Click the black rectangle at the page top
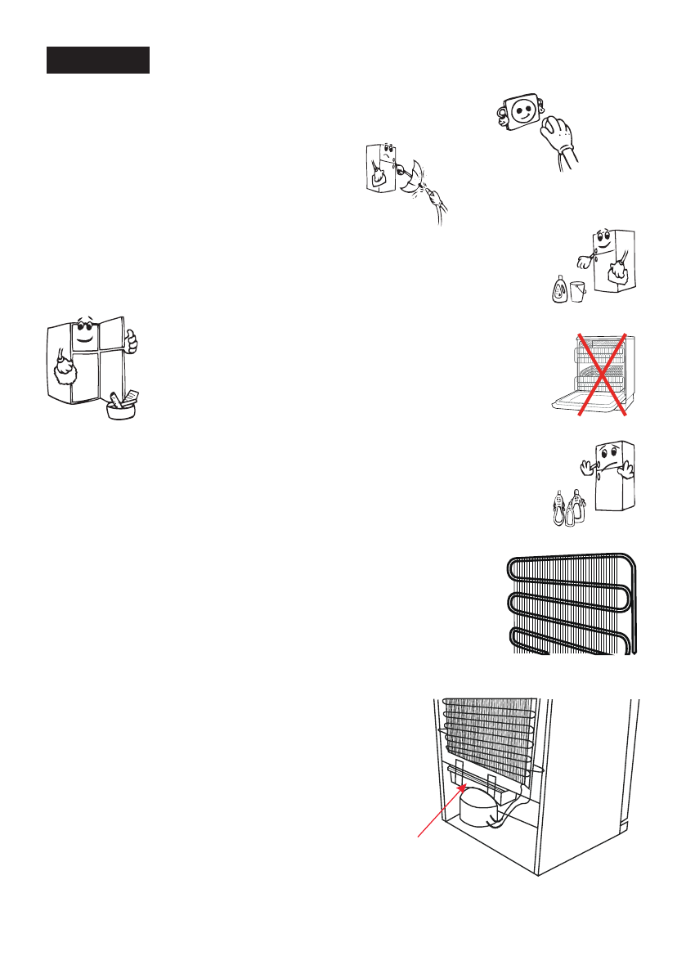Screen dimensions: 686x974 (x=98, y=60)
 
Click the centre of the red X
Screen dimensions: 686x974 (x=602, y=375)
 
